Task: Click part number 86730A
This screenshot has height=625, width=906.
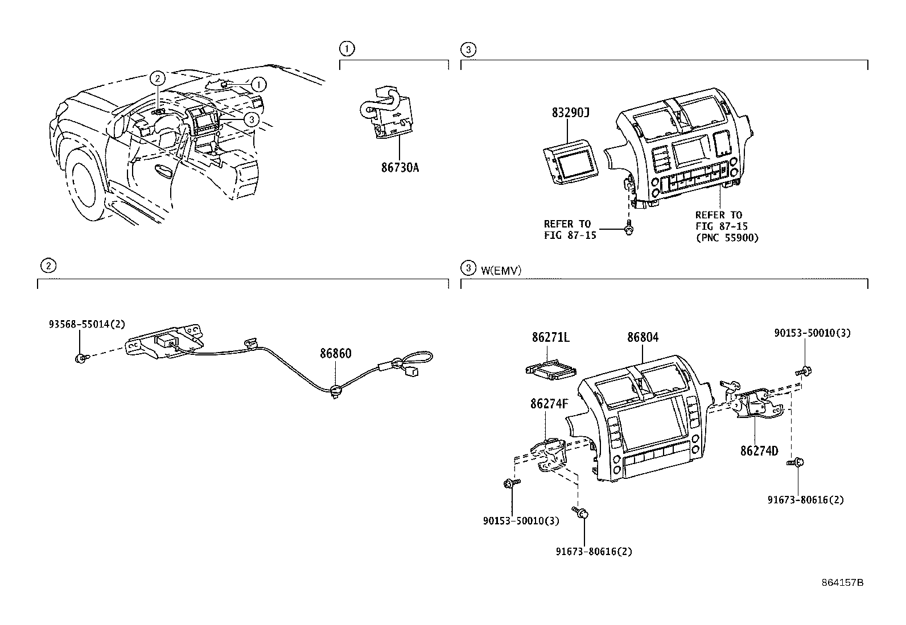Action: (x=400, y=168)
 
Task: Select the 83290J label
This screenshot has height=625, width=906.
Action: (x=570, y=113)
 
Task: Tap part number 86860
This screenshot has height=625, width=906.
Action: (x=335, y=353)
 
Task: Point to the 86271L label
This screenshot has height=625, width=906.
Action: (x=550, y=337)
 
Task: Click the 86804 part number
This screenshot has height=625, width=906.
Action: (x=643, y=337)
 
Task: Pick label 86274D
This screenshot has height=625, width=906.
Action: (x=759, y=451)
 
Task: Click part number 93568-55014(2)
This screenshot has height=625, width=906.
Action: (x=85, y=324)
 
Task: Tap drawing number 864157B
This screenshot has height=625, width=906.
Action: (x=842, y=583)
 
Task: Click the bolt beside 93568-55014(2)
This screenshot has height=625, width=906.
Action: (x=80, y=358)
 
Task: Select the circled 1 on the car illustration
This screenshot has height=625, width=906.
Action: (x=259, y=85)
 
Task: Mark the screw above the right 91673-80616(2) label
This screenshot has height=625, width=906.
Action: (x=796, y=463)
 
